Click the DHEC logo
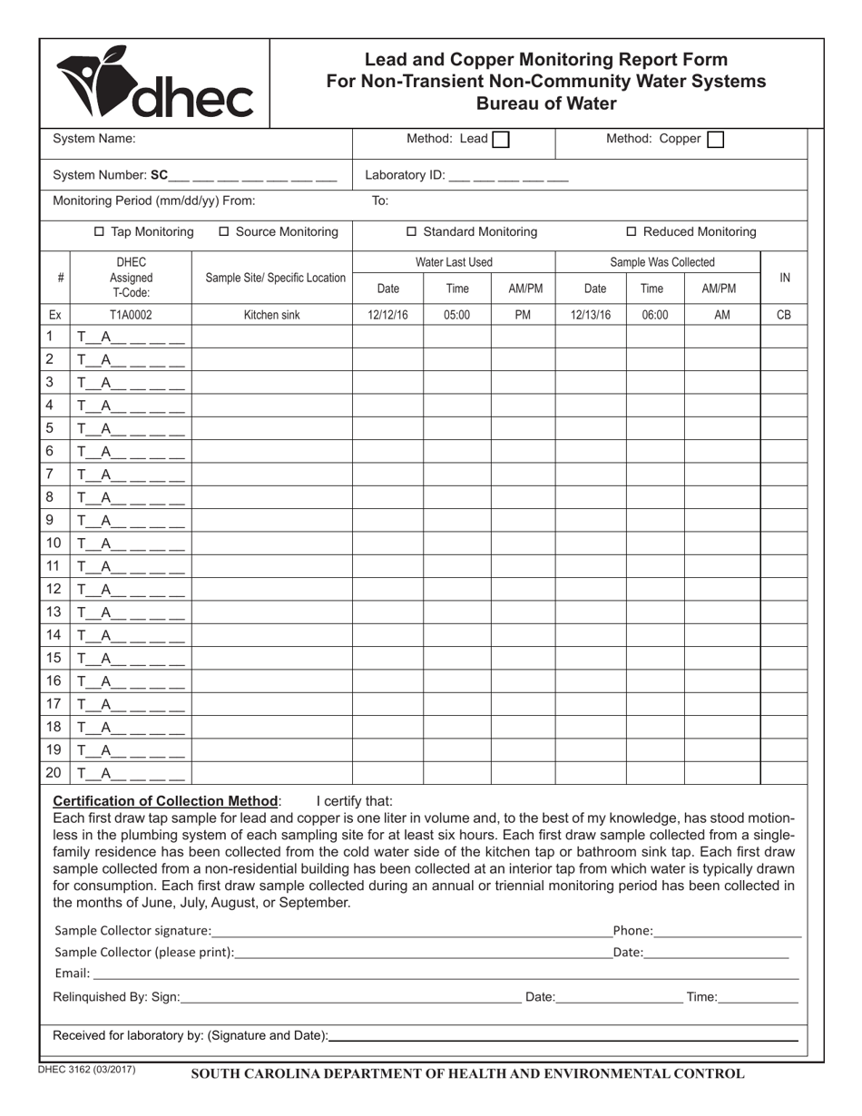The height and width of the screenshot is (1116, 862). (x=155, y=83)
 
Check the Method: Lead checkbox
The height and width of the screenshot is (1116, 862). (x=500, y=140)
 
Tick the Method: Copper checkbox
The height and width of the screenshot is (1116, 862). (x=715, y=140)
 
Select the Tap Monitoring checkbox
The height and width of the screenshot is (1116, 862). (x=100, y=232)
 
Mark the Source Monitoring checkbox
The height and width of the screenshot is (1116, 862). (x=225, y=232)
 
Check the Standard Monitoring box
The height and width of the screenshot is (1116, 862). (x=411, y=232)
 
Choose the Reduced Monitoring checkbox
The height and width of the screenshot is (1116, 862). (x=632, y=232)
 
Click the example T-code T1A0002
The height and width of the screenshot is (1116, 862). (x=132, y=316)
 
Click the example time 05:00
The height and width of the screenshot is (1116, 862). (x=457, y=316)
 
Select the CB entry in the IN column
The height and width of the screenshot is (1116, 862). (x=784, y=316)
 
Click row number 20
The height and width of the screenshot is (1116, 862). (x=54, y=773)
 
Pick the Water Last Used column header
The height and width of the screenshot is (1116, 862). (x=454, y=262)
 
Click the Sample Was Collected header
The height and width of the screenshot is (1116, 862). (x=661, y=262)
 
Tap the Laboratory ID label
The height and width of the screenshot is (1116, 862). (x=404, y=175)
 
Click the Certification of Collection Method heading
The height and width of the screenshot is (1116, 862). (x=166, y=801)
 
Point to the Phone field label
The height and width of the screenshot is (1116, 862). (x=632, y=930)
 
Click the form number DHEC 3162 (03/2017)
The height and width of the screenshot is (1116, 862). (x=87, y=1070)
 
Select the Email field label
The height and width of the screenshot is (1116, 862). (x=72, y=974)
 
